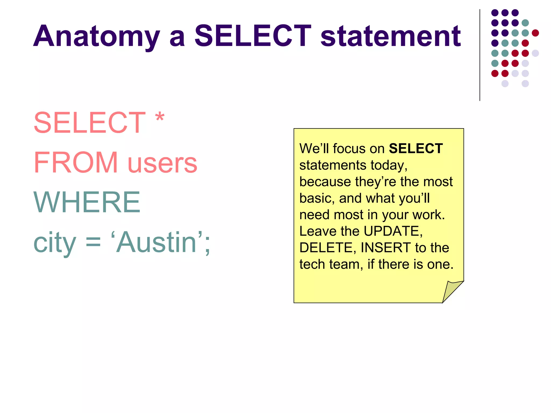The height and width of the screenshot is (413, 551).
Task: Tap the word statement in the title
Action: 391,36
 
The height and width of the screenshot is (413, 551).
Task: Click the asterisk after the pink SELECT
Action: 160,118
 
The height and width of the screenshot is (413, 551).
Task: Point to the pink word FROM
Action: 76,162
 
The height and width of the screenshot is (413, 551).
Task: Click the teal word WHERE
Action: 87,202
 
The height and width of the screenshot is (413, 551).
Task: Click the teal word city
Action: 55,243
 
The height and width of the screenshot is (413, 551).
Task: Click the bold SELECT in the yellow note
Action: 416,149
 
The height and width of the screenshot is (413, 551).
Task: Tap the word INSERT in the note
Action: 386,248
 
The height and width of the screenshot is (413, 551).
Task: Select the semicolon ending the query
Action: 207,246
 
